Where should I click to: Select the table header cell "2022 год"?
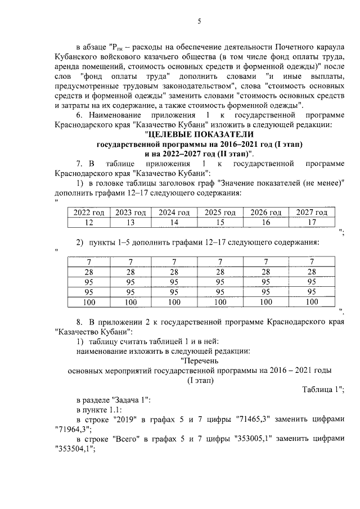pyautogui.click(x=89, y=212)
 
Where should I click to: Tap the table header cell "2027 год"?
pyautogui.click(x=312, y=212)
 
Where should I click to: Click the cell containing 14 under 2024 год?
pyautogui.click(x=174, y=222)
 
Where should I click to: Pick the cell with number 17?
pyautogui.click(x=312, y=222)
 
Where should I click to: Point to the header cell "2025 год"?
pyautogui.click(x=220, y=212)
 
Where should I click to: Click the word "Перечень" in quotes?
pyautogui.click(x=200, y=361)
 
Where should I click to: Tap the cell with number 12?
pyautogui.click(x=89, y=222)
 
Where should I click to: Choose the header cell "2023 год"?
pyautogui.click(x=130, y=212)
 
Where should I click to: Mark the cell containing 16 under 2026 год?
pyautogui.click(x=265, y=222)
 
